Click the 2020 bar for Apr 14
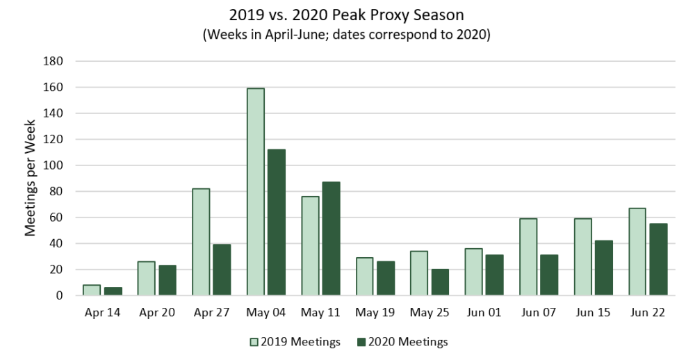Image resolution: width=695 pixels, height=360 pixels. pos(113,291)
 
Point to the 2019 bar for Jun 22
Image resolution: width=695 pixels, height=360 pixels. pos(637,252)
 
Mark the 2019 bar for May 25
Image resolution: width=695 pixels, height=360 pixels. pos(419,273)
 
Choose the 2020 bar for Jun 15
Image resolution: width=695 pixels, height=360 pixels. pos(603,268)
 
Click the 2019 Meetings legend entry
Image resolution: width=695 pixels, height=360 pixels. pos(295,341)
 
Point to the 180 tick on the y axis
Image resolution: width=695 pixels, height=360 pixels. pos(54,61)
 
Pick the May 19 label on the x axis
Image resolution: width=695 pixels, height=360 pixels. pos(375,313)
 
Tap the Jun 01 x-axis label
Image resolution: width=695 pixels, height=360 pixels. pos(484,313)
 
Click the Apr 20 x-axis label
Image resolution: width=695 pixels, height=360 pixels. pos(156,313)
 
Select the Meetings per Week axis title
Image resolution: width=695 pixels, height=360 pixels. pos(31,178)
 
